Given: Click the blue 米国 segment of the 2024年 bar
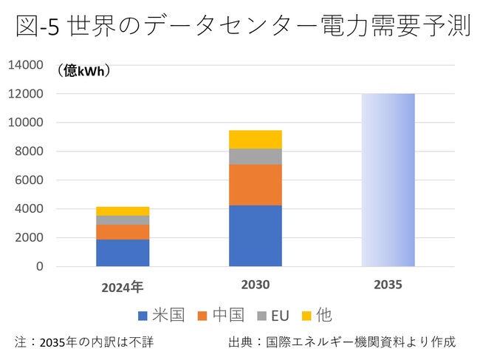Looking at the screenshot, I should [x=123, y=253].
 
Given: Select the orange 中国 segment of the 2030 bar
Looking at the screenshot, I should [x=255, y=185].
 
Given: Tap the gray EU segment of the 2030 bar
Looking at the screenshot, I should [x=255, y=157].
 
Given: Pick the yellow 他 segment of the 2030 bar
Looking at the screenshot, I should [x=255, y=139].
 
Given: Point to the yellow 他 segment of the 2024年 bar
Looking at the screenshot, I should [x=123, y=211].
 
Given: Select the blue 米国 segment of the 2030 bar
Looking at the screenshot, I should [x=255, y=236].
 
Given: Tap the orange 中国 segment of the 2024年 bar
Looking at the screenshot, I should [x=123, y=232].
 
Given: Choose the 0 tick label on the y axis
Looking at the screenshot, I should [x=40, y=267].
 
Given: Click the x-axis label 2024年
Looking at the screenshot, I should [x=123, y=286].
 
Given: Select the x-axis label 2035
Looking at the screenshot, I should [x=388, y=285].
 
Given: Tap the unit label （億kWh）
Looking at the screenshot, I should [x=83, y=71].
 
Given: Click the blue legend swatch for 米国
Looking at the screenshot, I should [x=143, y=316].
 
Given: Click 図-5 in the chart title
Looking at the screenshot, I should [x=37, y=27].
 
